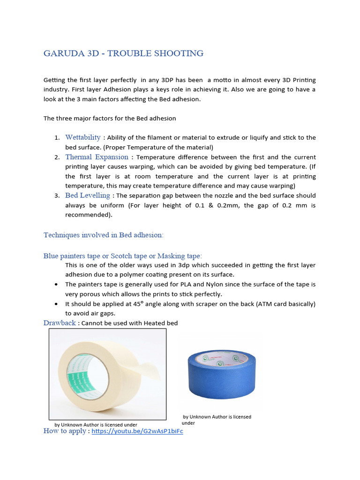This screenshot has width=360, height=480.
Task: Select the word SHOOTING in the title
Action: pyautogui.click(x=180, y=53)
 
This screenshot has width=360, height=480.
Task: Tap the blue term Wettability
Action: pyautogui.click(x=82, y=137)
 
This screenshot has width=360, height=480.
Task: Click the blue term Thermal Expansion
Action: pyautogui.click(x=97, y=157)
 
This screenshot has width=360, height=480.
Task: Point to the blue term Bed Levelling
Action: pyautogui.click(x=88, y=195)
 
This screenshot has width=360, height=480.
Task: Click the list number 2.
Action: pyautogui.click(x=56, y=157)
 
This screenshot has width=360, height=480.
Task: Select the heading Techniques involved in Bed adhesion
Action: pyautogui.click(x=103, y=235)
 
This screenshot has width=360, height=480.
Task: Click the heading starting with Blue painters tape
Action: pyautogui.click(x=122, y=256)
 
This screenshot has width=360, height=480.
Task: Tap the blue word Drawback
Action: pyautogui.click(x=60, y=323)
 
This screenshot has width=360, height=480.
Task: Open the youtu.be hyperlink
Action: pyautogui.click(x=137, y=431)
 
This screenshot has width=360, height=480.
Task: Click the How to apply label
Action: pyautogui.click(x=65, y=431)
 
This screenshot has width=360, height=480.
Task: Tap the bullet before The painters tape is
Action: pyautogui.click(x=56, y=285)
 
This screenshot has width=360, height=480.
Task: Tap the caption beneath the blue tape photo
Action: pyautogui.click(x=216, y=420)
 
